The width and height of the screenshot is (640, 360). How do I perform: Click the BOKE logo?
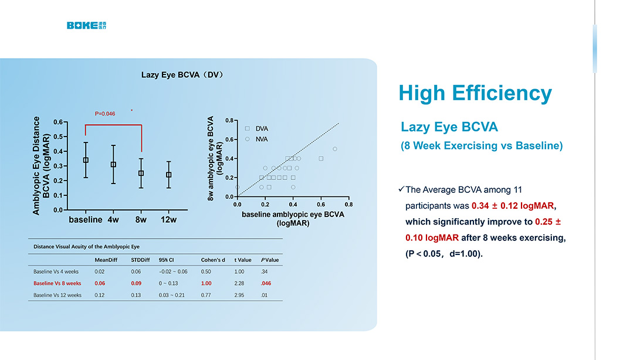(x=86, y=25)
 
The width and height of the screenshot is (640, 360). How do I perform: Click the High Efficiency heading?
(x=475, y=93)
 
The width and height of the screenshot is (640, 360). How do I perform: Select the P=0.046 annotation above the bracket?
(x=105, y=114)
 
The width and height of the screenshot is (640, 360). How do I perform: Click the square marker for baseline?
(x=86, y=159)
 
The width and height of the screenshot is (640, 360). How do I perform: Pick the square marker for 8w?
(x=141, y=173)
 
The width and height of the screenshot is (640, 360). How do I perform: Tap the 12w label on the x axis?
(x=169, y=220)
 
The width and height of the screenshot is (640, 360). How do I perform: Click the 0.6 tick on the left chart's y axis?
(x=57, y=122)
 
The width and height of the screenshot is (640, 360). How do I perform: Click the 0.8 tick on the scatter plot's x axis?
(x=348, y=205)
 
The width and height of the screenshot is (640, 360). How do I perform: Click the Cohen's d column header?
(x=213, y=260)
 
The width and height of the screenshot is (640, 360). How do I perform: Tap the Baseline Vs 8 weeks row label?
(x=57, y=283)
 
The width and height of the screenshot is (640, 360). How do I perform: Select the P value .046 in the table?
(x=266, y=283)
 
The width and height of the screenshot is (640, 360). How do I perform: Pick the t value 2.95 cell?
(x=240, y=295)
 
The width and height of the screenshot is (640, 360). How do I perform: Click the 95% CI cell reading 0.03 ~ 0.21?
(x=171, y=295)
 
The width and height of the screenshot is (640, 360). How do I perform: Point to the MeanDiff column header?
(x=106, y=260)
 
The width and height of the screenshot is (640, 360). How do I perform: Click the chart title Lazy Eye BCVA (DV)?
(x=182, y=74)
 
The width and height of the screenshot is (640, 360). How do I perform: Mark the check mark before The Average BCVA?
(x=401, y=189)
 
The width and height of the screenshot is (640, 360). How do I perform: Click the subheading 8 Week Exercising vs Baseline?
(x=482, y=146)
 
